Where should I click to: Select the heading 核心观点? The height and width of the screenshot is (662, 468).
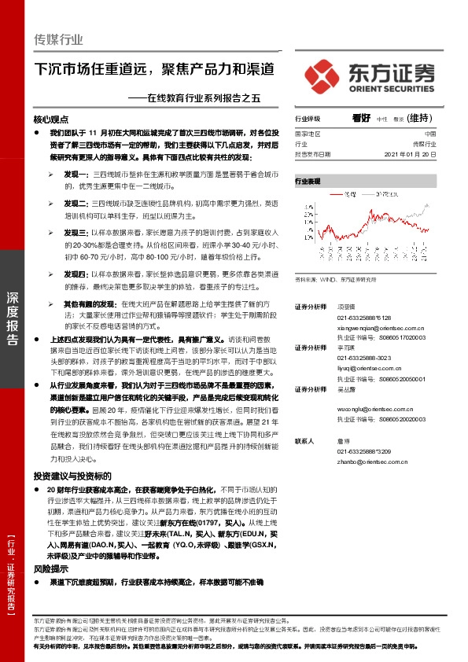point(51,120)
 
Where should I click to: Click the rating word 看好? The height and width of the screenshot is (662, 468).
point(362,118)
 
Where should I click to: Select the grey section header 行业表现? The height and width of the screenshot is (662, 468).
point(308,181)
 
